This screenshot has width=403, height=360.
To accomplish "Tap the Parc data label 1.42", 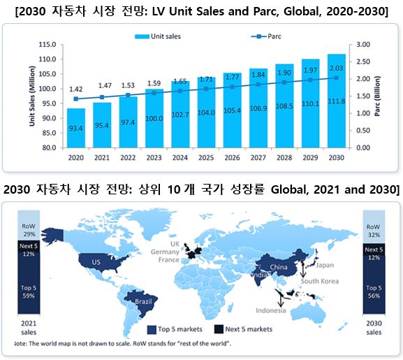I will coord(76,89).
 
